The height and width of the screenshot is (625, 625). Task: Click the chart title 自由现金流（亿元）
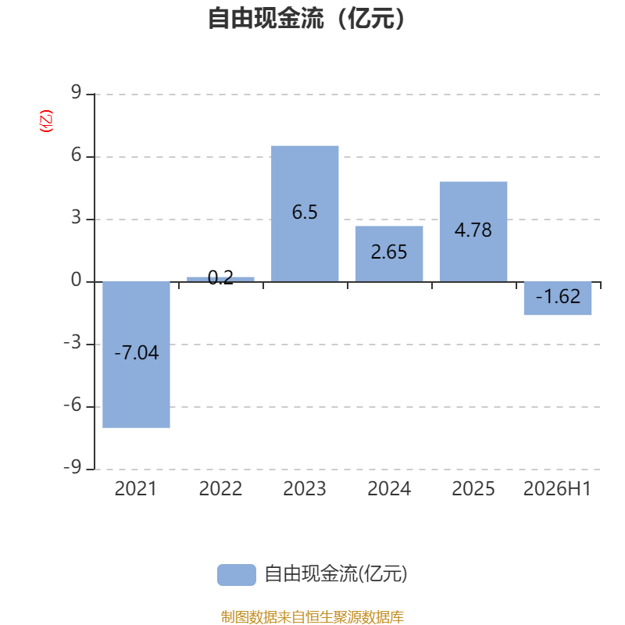point(306,18)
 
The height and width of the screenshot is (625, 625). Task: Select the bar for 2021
point(136,355)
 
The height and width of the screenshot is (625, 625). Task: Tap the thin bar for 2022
point(220,280)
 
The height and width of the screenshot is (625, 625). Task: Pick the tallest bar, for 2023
point(305,213)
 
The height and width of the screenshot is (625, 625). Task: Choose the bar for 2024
point(389,254)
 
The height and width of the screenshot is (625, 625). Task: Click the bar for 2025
point(473,231)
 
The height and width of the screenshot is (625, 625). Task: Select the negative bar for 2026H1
point(558,298)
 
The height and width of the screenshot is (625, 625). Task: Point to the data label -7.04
point(136,353)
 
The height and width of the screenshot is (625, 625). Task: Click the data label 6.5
point(305,212)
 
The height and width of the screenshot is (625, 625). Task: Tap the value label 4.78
point(473,230)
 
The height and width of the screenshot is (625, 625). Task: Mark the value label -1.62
point(558,297)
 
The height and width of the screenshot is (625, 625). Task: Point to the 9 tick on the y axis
point(76,92)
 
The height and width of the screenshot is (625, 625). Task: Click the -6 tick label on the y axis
point(73,405)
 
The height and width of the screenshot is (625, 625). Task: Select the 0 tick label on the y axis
point(76,280)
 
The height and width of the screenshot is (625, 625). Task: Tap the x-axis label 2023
point(305,489)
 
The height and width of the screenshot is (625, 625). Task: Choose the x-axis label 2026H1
point(557,489)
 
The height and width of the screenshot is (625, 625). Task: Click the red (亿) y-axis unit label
point(46,121)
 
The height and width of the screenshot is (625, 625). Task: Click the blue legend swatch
point(237,575)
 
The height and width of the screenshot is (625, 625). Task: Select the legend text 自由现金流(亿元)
point(336,574)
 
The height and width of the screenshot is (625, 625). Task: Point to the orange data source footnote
point(312,616)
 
